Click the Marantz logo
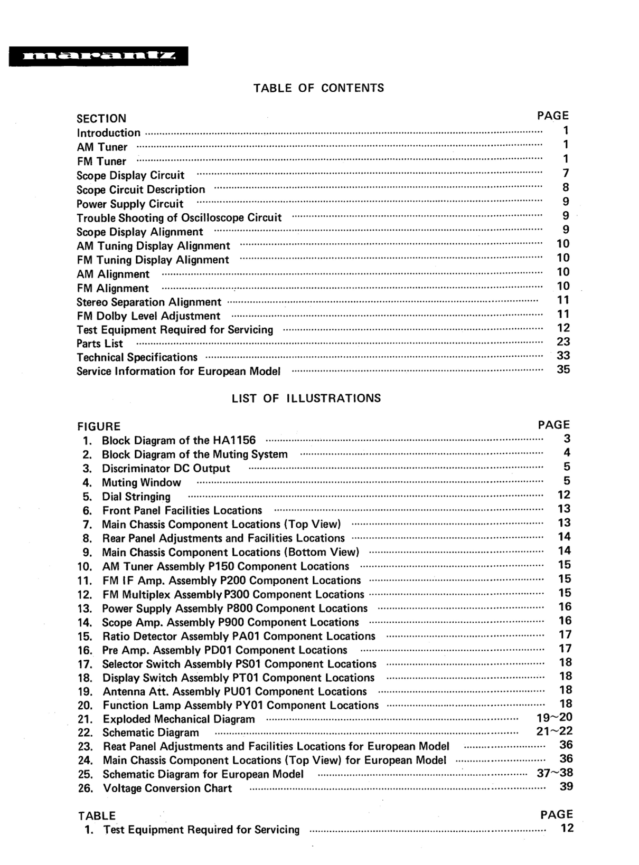click(x=98, y=56)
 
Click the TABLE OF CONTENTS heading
click(x=318, y=88)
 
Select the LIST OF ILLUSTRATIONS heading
click(x=306, y=398)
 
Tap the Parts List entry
click(x=100, y=344)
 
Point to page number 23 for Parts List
click(x=563, y=341)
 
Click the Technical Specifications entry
click(x=137, y=357)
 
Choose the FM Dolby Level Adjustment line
click(x=148, y=316)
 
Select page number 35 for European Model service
click(x=563, y=369)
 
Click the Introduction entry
click(x=109, y=133)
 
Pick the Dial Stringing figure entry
click(x=136, y=497)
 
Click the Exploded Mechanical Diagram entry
click(x=178, y=719)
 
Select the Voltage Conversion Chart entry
click(x=167, y=788)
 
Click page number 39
click(x=566, y=786)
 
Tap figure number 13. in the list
click(x=85, y=609)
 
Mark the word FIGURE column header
click(x=99, y=426)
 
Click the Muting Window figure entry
click(x=141, y=482)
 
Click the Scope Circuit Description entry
click(x=140, y=189)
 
